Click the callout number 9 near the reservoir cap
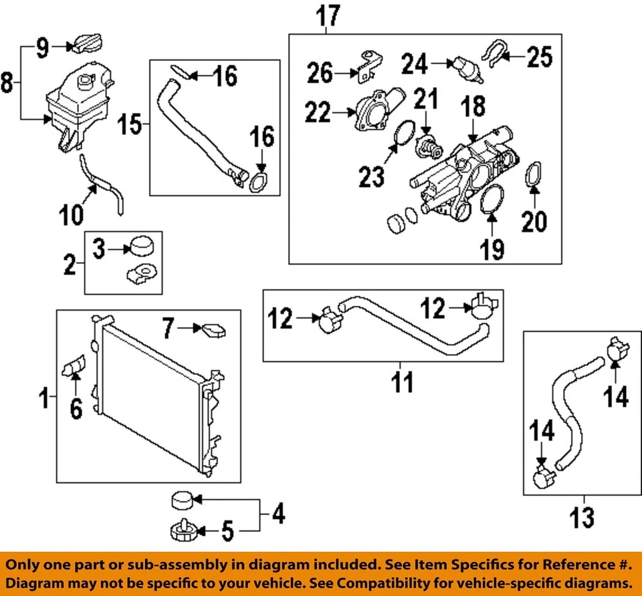tap(42, 47)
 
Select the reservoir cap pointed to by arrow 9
tap(85, 44)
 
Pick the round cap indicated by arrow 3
tap(142, 247)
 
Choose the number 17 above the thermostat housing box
tap(328, 15)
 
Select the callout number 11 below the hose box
tap(401, 383)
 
